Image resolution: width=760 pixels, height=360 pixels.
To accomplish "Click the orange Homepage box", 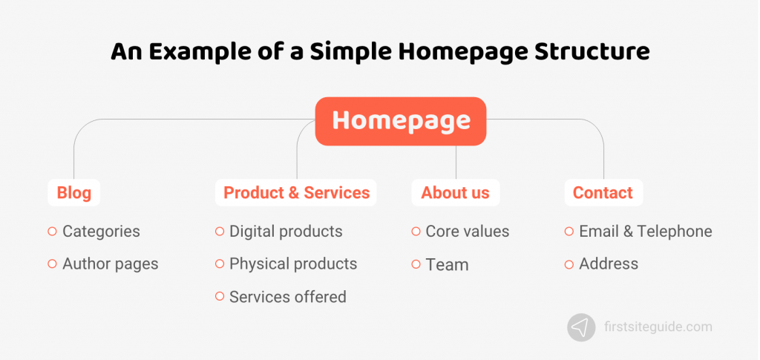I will (401, 121).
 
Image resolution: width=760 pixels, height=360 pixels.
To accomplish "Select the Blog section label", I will (73, 193).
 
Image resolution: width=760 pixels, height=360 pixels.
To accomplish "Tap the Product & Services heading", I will (296, 193).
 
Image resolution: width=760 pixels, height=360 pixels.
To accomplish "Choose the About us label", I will (455, 193).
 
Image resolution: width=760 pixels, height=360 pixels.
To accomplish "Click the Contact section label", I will (602, 193).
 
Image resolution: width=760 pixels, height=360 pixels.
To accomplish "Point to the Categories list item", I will (101, 232).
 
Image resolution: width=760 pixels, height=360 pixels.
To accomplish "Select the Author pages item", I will (110, 264).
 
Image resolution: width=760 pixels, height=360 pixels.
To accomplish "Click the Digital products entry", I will (286, 232).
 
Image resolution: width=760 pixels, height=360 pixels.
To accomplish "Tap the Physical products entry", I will (293, 264).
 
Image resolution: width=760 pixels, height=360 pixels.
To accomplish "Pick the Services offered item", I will (287, 297).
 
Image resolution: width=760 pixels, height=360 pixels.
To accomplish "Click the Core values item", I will (467, 232).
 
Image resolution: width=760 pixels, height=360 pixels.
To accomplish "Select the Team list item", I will (447, 264).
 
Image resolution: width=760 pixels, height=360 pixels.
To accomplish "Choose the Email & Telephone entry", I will (645, 232).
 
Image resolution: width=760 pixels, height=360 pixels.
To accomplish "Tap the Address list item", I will (609, 264).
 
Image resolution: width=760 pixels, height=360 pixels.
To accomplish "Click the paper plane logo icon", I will (581, 327).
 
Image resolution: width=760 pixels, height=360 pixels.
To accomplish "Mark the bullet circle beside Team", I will (416, 264).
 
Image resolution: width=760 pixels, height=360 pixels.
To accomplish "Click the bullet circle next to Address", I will (569, 264).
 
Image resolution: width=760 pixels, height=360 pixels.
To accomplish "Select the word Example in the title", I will (189, 51).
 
